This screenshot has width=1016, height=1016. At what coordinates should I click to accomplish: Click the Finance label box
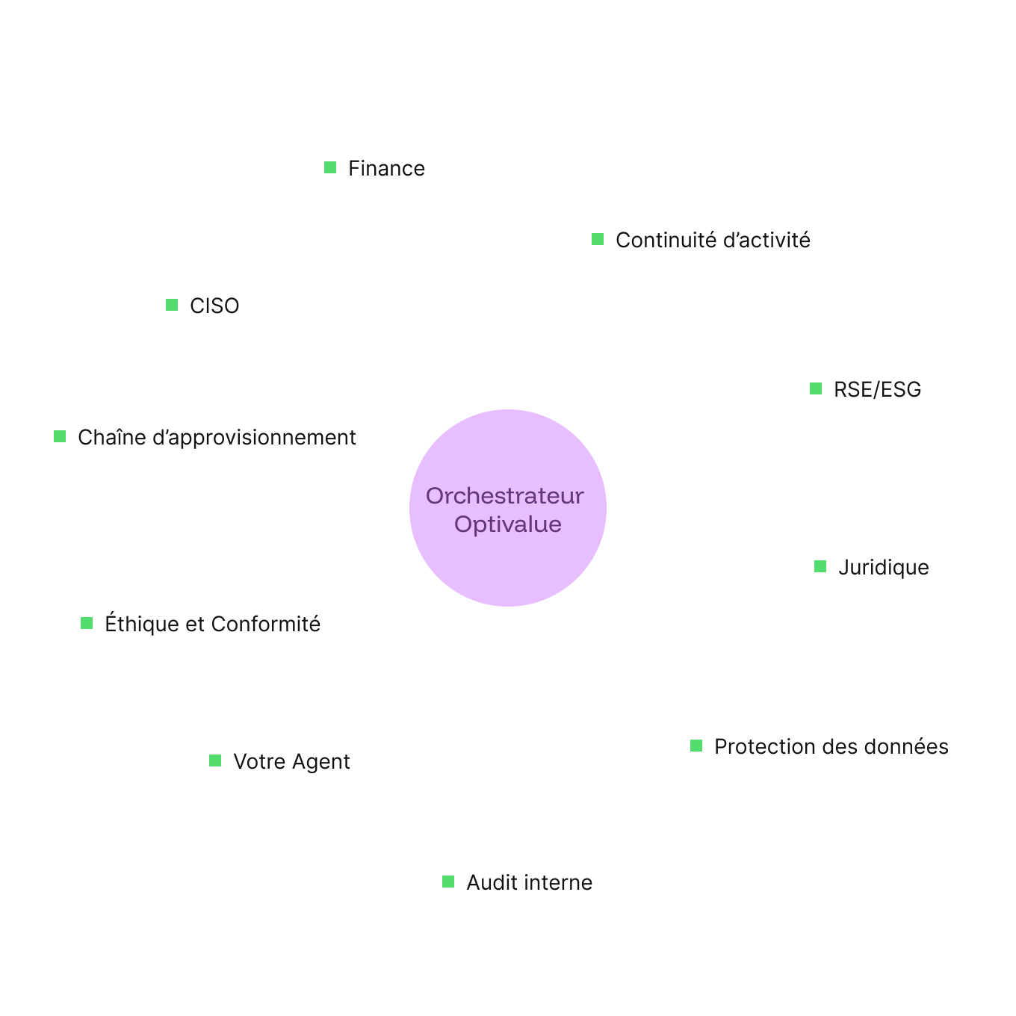tap(372, 167)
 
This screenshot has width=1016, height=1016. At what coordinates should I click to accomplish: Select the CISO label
tap(201, 305)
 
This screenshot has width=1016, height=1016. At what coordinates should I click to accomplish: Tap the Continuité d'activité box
tap(698, 240)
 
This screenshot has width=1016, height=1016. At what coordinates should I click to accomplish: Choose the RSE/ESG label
tap(863, 388)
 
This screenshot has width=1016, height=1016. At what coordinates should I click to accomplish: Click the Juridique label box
tap(870, 567)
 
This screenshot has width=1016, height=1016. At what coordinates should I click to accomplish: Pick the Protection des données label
tap(817, 746)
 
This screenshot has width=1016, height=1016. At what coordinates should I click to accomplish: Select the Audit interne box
tap(515, 882)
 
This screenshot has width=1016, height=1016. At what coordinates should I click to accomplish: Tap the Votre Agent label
tap(277, 761)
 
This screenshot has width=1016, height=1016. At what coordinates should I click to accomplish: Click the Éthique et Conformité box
tap(198, 623)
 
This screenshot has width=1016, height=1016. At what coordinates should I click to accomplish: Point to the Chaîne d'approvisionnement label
tap(202, 436)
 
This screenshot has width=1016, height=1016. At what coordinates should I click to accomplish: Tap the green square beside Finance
tap(330, 167)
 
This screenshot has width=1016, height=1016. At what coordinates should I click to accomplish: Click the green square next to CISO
tap(172, 305)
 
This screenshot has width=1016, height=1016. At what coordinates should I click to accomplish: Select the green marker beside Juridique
tap(820, 567)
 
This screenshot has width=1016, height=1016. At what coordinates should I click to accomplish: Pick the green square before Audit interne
tap(448, 882)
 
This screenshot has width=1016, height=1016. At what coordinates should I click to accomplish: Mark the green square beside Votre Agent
tap(215, 761)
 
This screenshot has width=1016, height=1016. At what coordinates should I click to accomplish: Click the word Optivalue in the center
tap(508, 524)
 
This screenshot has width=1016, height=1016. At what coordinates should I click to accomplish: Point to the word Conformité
tap(265, 624)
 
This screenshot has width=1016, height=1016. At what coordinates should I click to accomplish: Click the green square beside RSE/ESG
tap(816, 388)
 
